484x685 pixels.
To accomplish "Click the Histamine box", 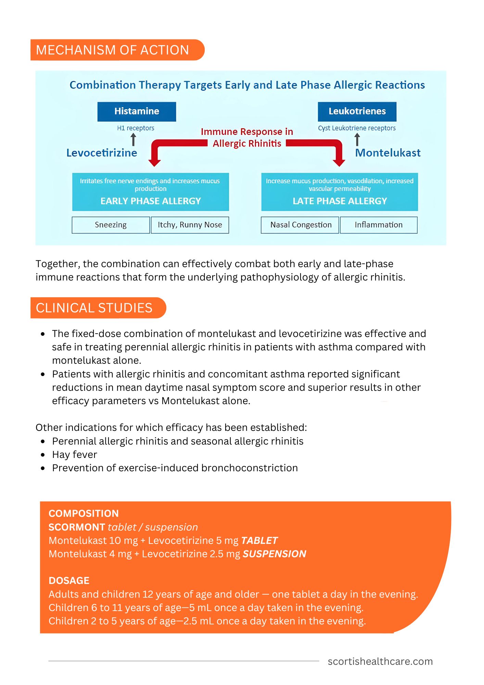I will tap(137, 112).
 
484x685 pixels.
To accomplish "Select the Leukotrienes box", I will tap(357, 112).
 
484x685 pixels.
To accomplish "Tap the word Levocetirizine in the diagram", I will tap(102, 153).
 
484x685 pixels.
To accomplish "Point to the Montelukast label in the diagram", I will tap(388, 153).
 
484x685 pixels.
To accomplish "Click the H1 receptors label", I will tap(136, 128).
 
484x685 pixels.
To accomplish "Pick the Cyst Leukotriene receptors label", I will tap(357, 128).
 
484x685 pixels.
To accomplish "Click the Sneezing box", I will tap(111, 225).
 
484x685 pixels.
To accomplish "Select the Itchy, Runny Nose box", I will tap(190, 225).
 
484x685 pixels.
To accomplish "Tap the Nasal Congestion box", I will tap(301, 225).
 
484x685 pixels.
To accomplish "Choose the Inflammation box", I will tap(379, 225).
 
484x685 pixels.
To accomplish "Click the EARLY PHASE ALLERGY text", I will tap(151, 201).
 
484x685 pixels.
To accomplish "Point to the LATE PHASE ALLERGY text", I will tap(340, 201).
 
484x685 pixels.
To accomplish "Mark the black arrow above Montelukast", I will tap(357, 139).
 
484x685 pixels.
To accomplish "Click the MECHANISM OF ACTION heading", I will tap(113, 50).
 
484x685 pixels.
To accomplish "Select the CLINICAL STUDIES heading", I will tap(94, 308).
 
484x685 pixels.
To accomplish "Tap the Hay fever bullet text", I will tap(75, 454).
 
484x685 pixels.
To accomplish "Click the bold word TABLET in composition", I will tap(259, 540).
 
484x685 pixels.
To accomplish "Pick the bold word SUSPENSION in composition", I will tap(275, 554).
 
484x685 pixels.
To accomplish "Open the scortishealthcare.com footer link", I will tap(380, 661).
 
